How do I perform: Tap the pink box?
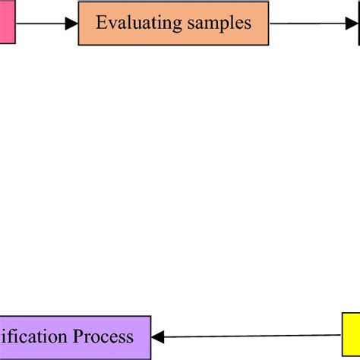7,23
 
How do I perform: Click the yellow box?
350,335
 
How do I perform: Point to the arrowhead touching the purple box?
157,336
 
